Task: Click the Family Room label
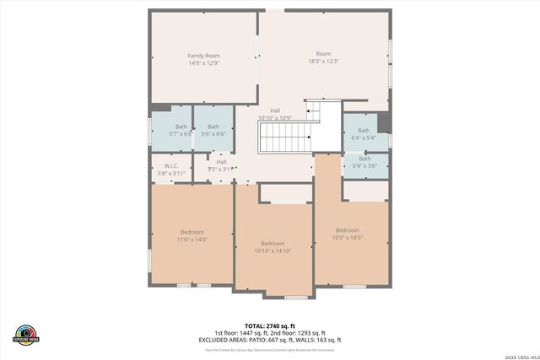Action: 202,56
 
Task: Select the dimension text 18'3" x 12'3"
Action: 323,62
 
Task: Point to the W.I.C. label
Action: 170,165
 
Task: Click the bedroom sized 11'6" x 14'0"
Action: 192,235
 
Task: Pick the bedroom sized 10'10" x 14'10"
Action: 272,246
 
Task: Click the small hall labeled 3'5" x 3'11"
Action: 221,165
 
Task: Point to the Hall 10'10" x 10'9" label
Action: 275,114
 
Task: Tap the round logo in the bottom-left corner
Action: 25,334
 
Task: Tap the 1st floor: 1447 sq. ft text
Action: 239,333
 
